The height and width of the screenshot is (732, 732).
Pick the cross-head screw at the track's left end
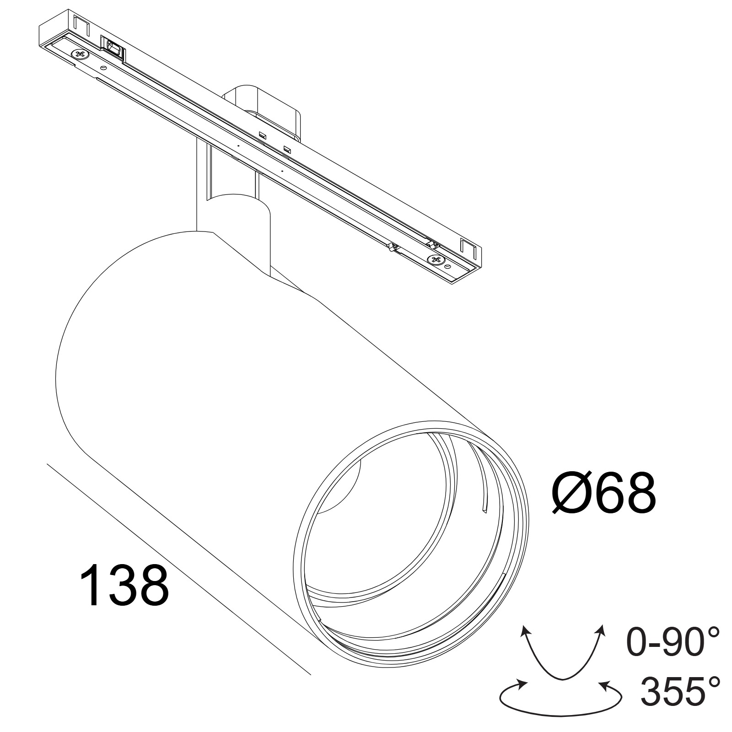pos(79,54)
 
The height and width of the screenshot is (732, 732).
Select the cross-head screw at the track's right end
pos(434,260)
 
